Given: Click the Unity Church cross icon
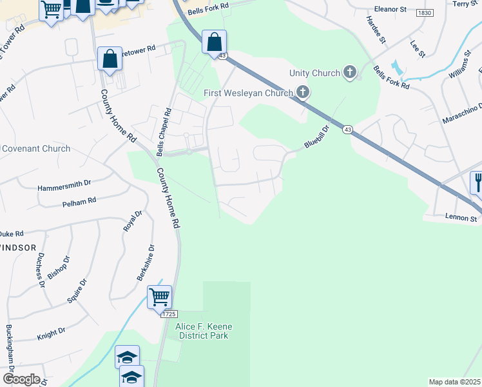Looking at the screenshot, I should (350, 72).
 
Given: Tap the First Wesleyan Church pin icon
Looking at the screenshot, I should (303, 94).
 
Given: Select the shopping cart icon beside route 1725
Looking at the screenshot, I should (159, 297).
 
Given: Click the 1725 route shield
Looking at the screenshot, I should (169, 313).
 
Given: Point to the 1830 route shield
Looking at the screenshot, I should (424, 13).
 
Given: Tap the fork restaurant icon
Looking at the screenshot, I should (477, 181).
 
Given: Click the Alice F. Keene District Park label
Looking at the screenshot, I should (204, 332).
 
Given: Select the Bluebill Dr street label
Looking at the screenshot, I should (317, 137).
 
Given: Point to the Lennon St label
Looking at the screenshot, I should (460, 219).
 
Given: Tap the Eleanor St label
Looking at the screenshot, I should (390, 10).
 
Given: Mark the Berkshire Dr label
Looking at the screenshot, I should (146, 262).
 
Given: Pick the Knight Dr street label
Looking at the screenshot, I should (52, 332).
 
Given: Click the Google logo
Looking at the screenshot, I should (21, 379).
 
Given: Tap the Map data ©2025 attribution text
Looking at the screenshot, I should (454, 382).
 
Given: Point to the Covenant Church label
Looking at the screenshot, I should (35, 148).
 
